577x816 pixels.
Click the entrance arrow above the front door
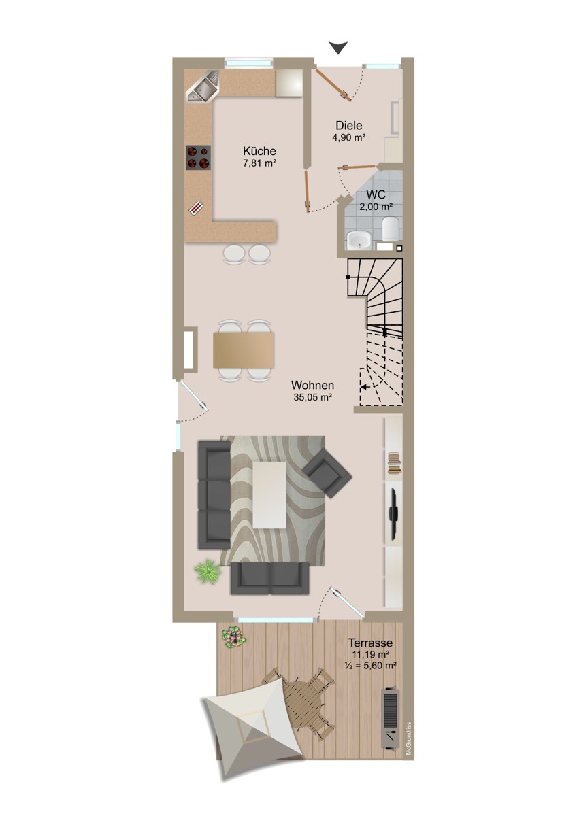point(338,48)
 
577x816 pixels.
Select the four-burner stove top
point(198,157)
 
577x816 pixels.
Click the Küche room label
point(259,151)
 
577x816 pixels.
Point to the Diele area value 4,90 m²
point(348,137)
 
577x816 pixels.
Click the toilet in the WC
point(391,228)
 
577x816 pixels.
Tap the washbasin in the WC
point(359,240)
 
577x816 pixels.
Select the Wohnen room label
point(312,385)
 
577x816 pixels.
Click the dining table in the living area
point(243,350)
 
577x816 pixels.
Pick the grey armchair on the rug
point(327,473)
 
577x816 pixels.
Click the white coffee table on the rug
point(269,495)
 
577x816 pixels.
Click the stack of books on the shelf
point(395,463)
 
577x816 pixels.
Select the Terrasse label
point(370,642)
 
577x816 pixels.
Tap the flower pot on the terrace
point(234,636)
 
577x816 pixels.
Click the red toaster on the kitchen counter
point(197,209)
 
